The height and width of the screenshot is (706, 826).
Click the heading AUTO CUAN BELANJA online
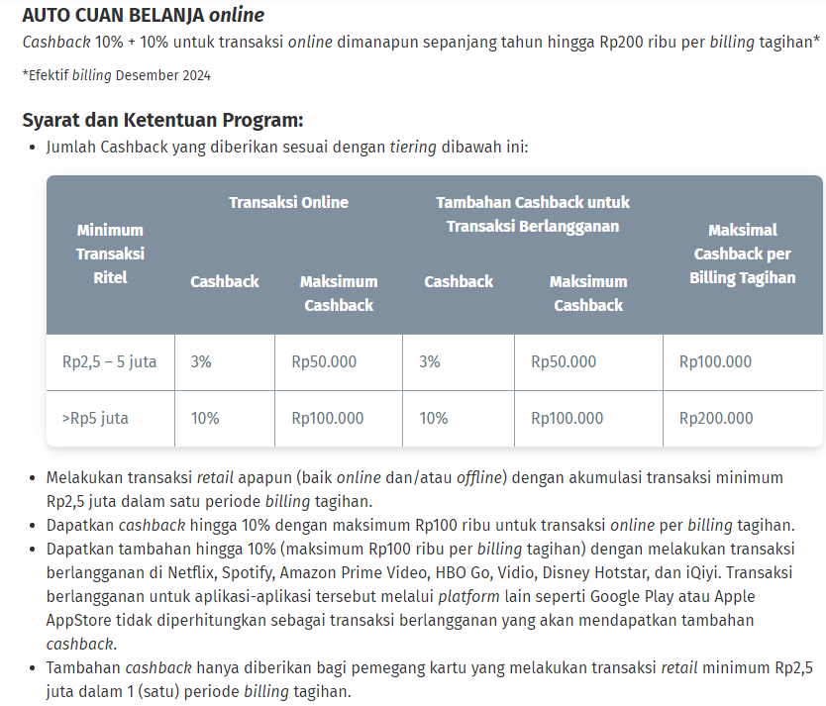(143, 16)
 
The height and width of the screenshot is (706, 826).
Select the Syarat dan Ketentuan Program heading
(162, 121)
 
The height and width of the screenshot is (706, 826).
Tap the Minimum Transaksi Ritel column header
(110, 253)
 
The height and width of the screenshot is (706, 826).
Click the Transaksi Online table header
(288, 202)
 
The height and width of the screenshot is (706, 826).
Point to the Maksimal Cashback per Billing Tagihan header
(742, 253)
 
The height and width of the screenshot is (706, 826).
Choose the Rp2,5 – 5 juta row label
(110, 361)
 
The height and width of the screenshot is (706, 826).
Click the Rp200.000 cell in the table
(715, 418)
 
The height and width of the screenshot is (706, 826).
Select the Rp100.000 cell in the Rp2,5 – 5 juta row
(715, 361)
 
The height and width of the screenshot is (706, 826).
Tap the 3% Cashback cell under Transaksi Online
(201, 361)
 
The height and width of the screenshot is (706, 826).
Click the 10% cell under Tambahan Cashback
(434, 418)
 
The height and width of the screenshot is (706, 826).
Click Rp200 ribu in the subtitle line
(633, 42)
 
